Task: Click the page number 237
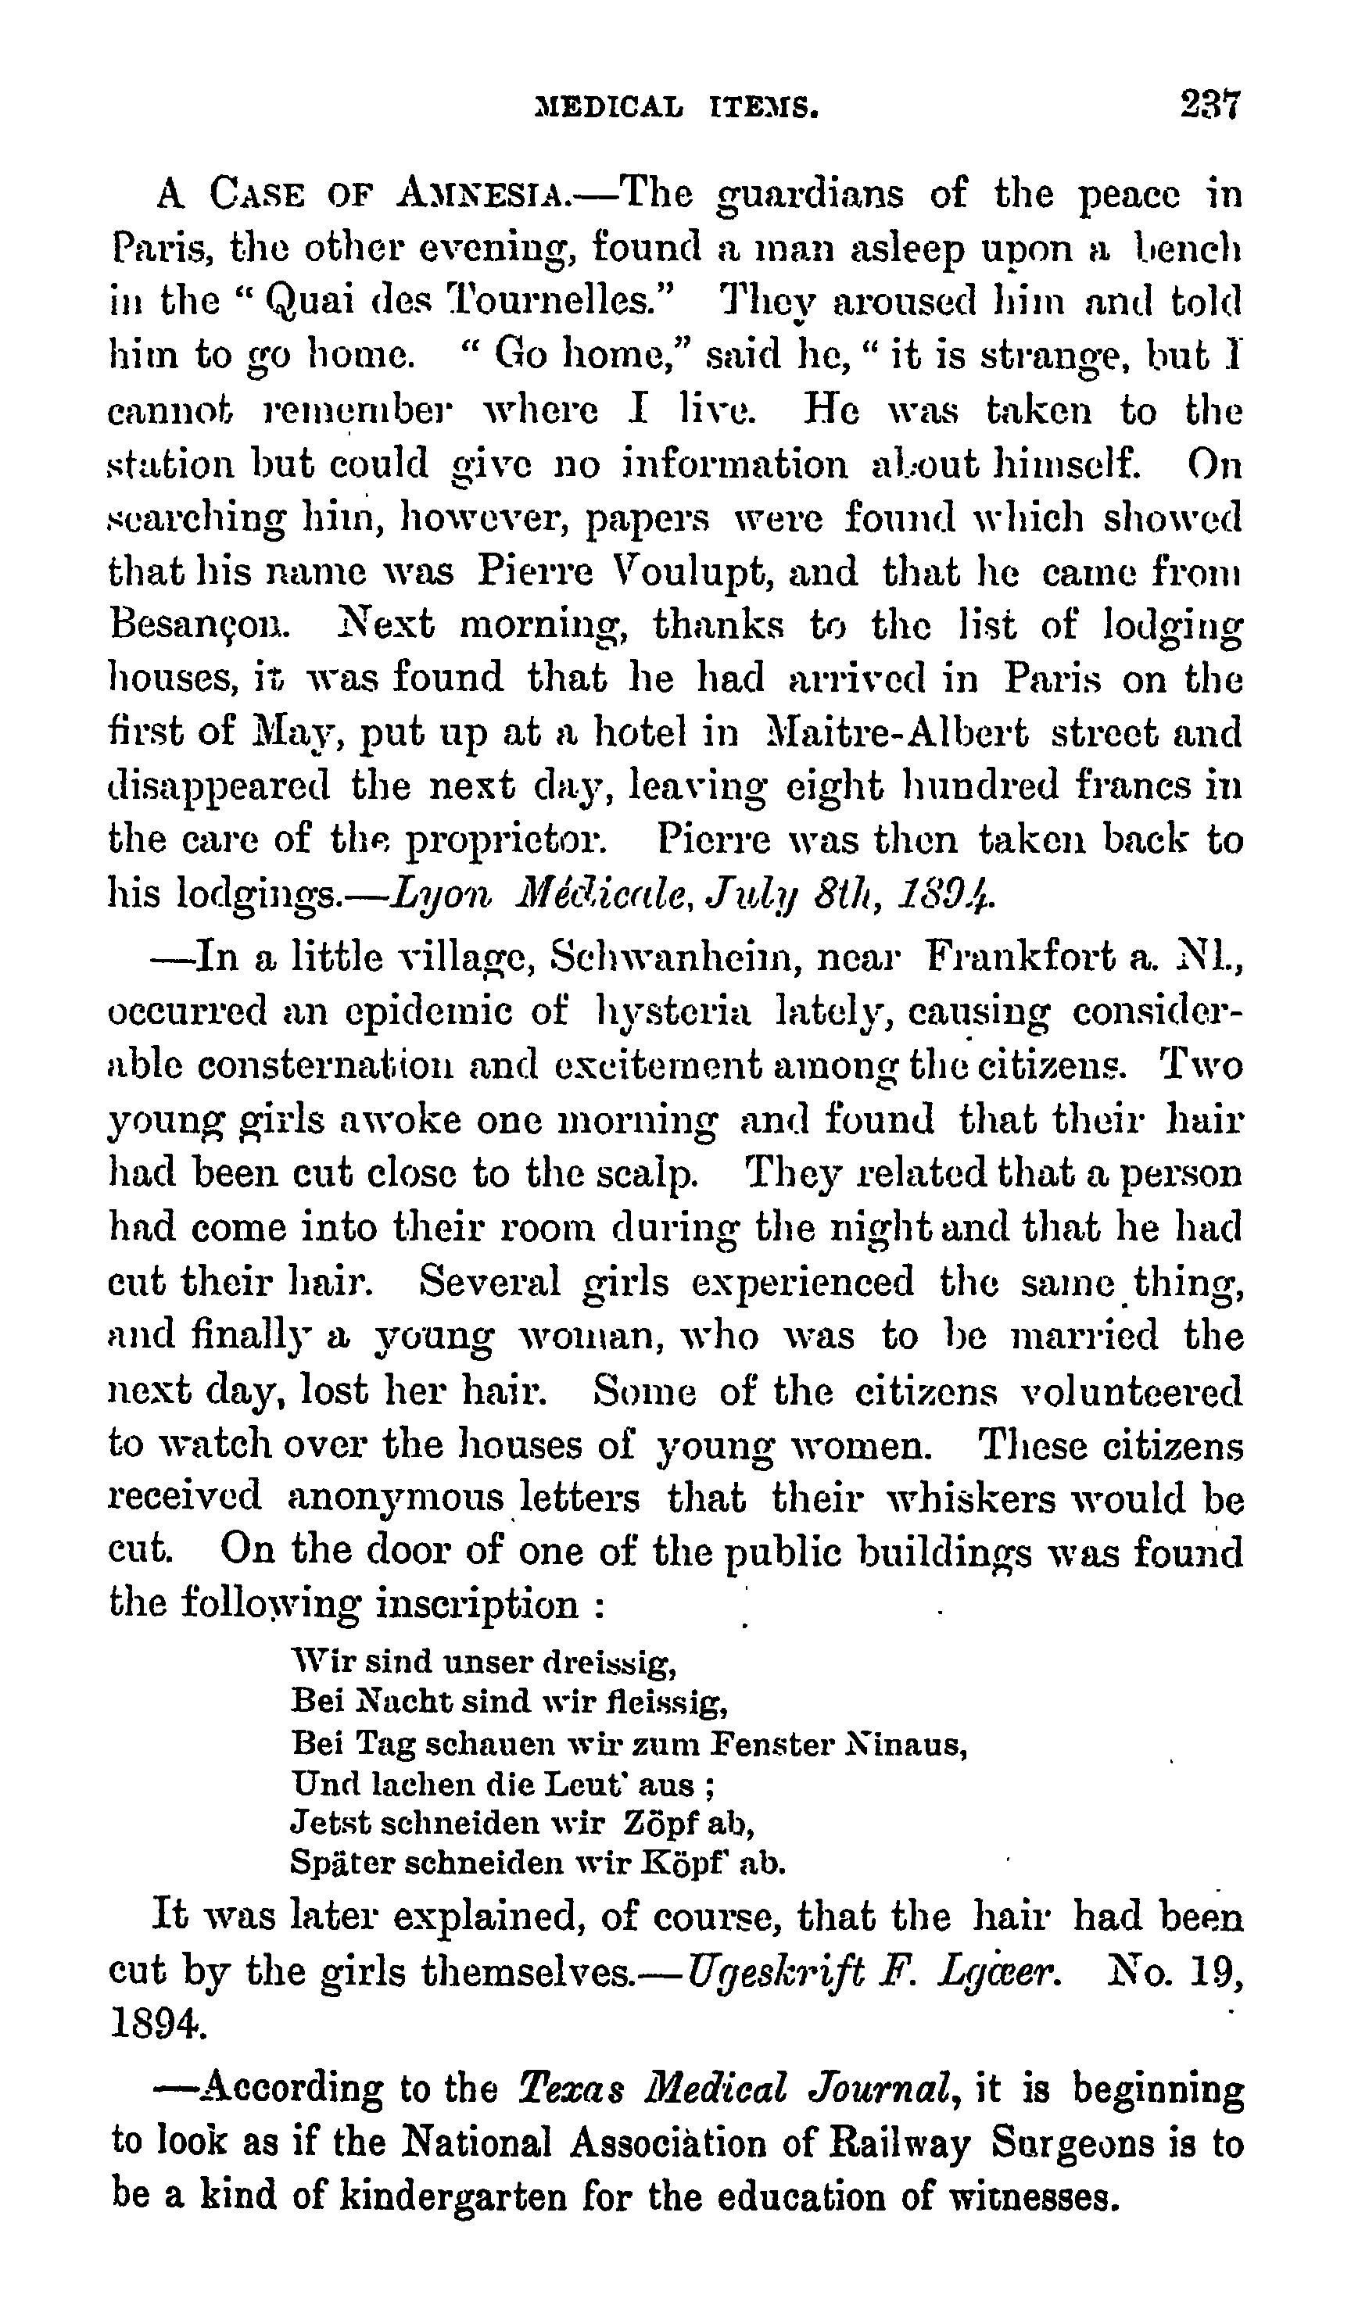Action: coord(1209,106)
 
